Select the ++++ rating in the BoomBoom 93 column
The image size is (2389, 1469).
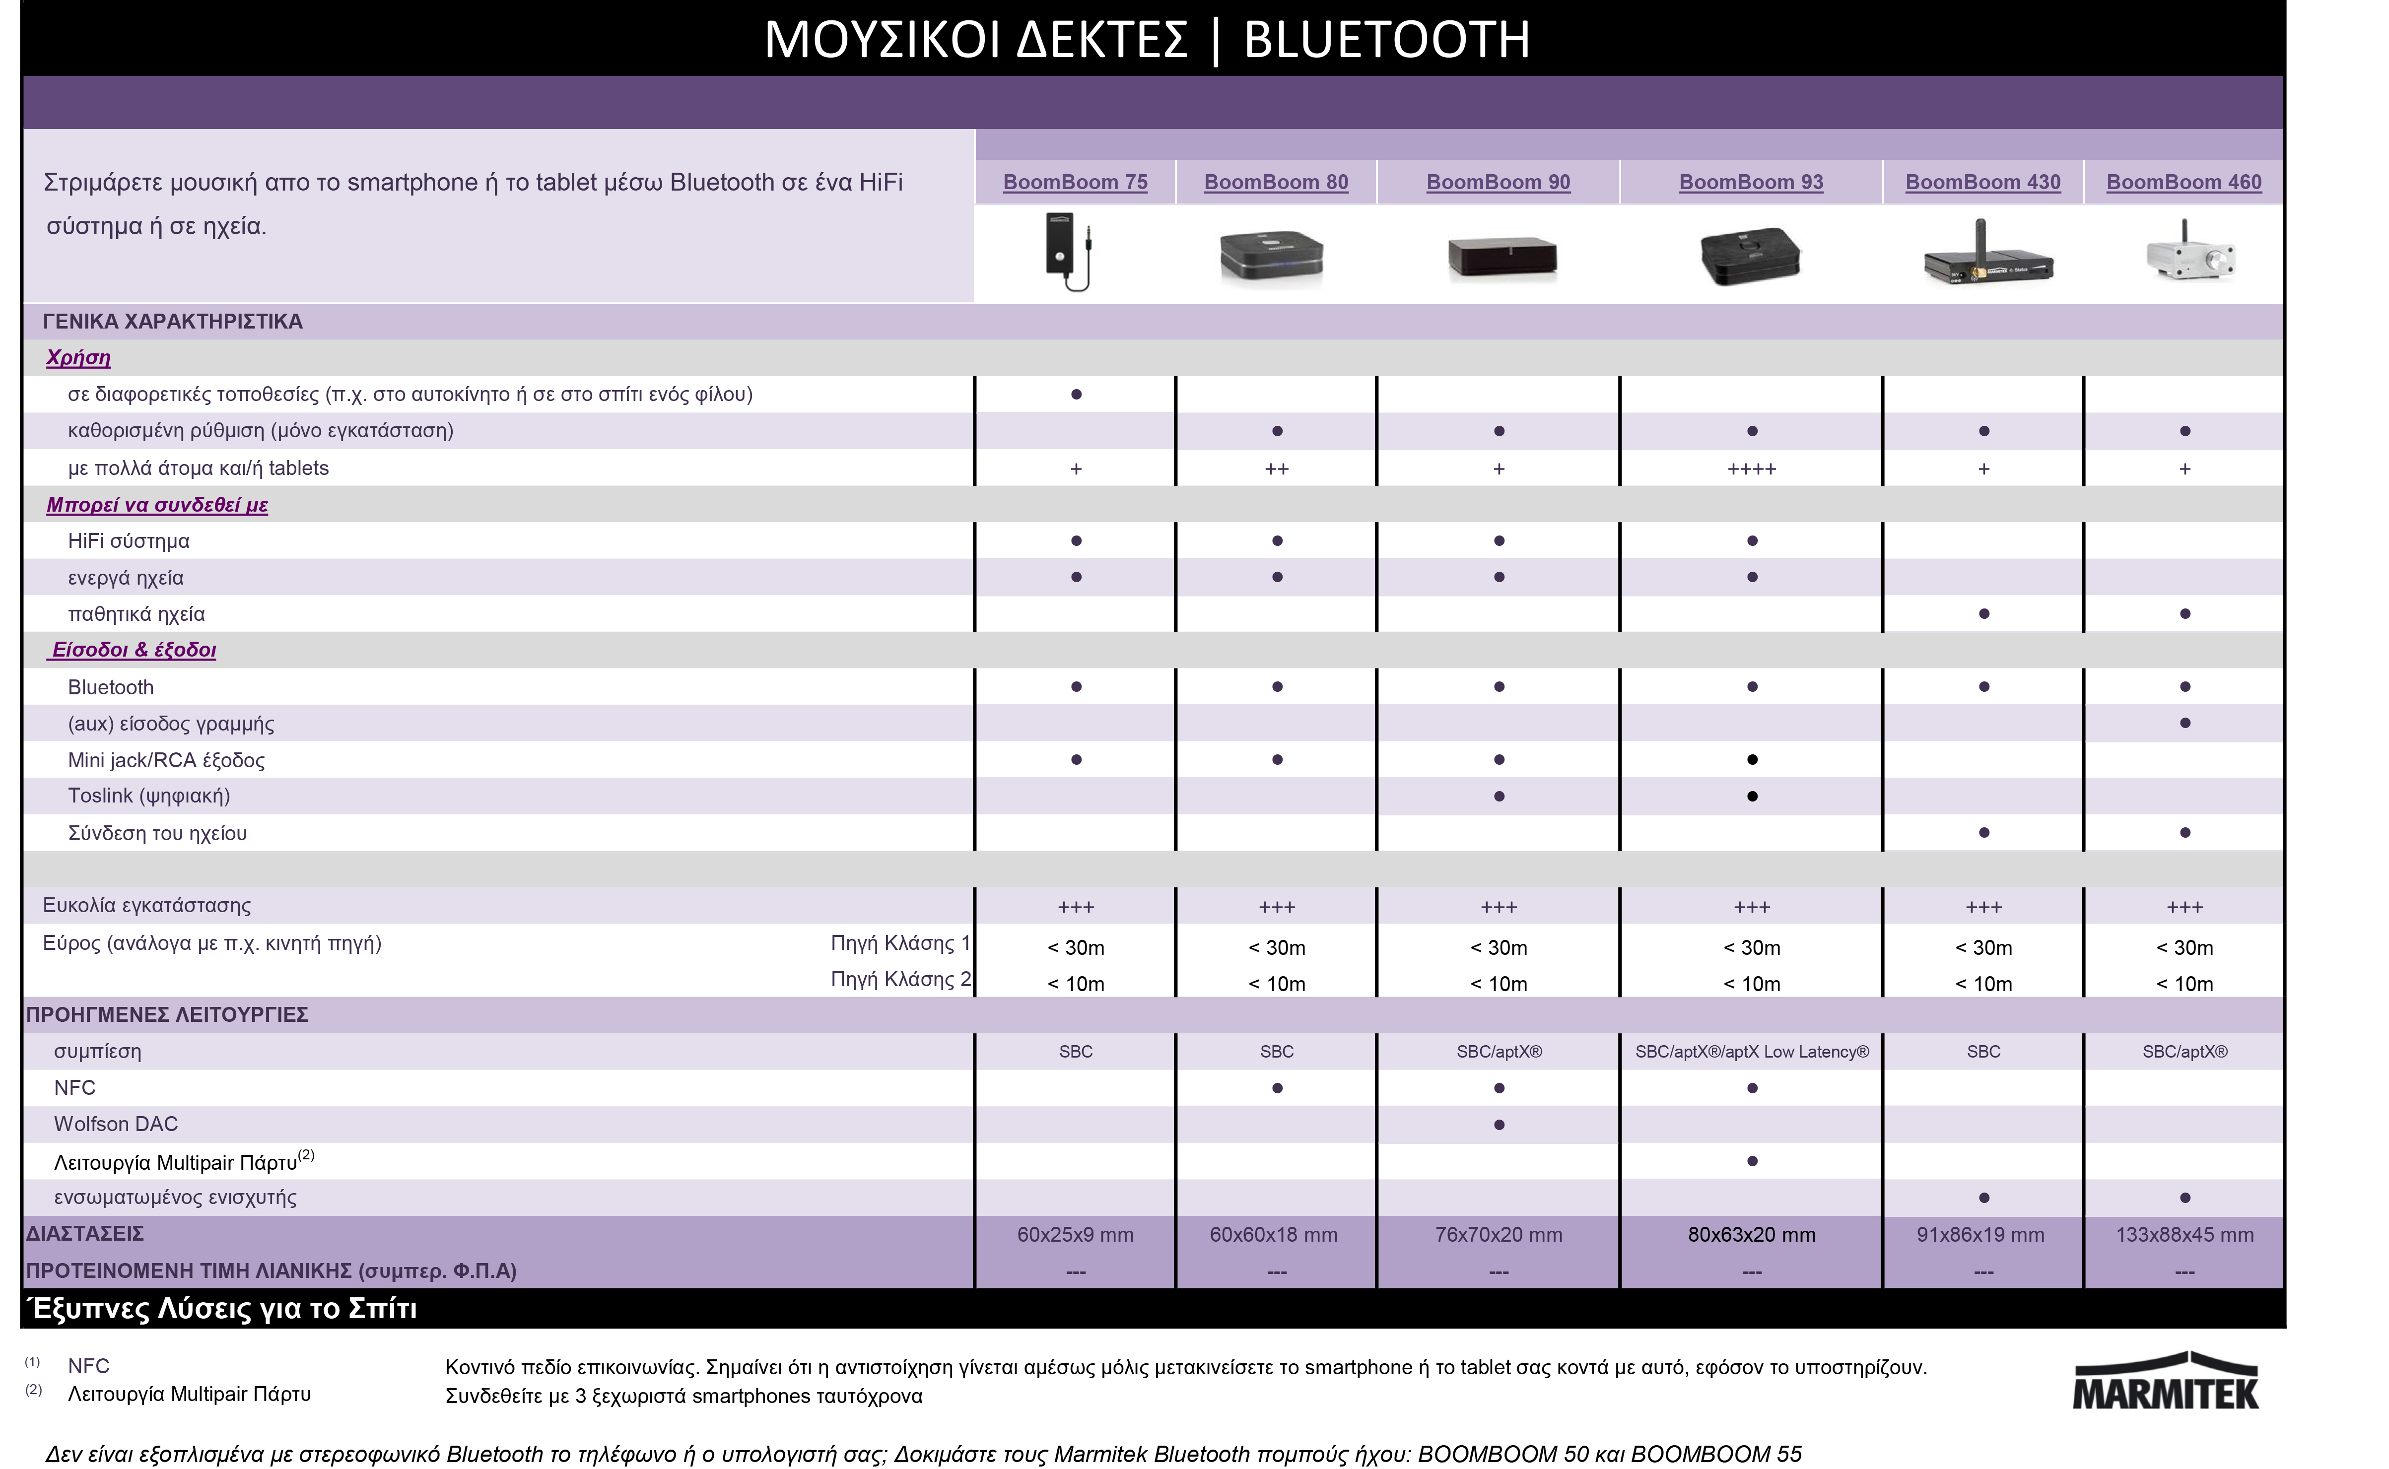1752,469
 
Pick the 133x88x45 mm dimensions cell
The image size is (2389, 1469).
2184,1235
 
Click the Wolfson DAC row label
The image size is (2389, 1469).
116,1124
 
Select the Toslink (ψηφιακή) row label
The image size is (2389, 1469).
148,796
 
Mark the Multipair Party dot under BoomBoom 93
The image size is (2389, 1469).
1752,1161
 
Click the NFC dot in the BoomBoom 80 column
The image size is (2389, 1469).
1277,1088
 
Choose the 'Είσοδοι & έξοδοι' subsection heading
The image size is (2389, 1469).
133,650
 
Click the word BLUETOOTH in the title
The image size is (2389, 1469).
1386,40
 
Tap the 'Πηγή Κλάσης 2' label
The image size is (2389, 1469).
899,979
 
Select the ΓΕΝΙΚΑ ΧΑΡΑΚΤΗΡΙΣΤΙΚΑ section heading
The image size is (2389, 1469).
172,322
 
